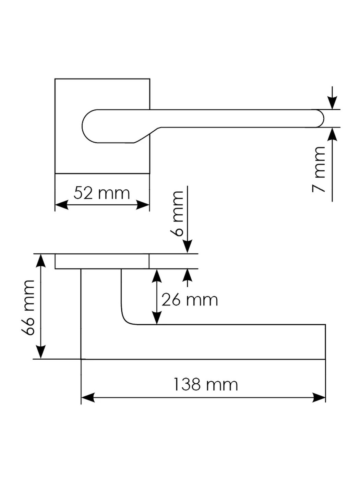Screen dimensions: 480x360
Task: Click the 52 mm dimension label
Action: pyautogui.click(x=102, y=193)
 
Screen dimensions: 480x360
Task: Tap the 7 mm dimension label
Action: pyautogui.click(x=319, y=169)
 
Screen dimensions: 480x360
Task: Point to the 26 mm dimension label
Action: pyautogui.click(x=190, y=300)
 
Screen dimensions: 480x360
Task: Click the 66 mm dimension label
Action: pyautogui.click(x=28, y=307)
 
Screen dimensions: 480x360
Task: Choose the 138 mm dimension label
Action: pyautogui.click(x=205, y=385)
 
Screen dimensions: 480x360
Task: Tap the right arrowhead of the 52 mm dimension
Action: pyautogui.click(x=143, y=205)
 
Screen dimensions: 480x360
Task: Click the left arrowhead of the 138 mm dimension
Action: pyautogui.click(x=87, y=398)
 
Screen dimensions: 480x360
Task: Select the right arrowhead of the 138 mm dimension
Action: pyautogui.click(x=319, y=398)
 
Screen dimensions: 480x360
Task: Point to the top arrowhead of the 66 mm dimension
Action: pyautogui.click(x=41, y=261)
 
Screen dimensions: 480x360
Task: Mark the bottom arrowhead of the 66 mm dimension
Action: pyautogui.click(x=41, y=352)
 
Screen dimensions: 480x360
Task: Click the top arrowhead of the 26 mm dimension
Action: pyautogui.click(x=157, y=276)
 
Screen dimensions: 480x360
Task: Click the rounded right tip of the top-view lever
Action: pyautogui.click(x=321, y=119)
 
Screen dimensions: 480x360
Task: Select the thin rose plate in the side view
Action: pyautogui.click(x=102, y=261)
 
